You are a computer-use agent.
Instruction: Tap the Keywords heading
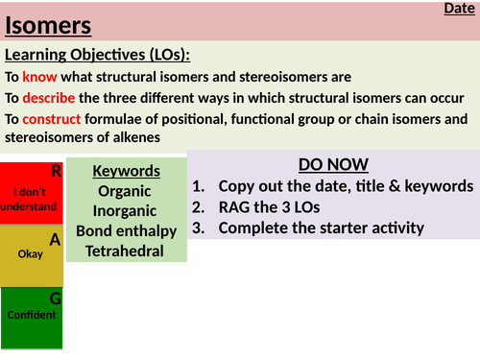(126, 171)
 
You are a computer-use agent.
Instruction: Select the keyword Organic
(126, 191)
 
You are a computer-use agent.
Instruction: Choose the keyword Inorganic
(126, 211)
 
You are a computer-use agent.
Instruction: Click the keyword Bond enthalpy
(126, 231)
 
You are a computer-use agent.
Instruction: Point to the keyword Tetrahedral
(126, 252)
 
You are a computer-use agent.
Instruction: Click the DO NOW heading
(333, 164)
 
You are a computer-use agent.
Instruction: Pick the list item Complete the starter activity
(321, 228)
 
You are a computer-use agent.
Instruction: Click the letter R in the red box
(56, 171)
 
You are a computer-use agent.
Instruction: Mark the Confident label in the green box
(31, 314)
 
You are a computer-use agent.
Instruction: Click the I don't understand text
(30, 199)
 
